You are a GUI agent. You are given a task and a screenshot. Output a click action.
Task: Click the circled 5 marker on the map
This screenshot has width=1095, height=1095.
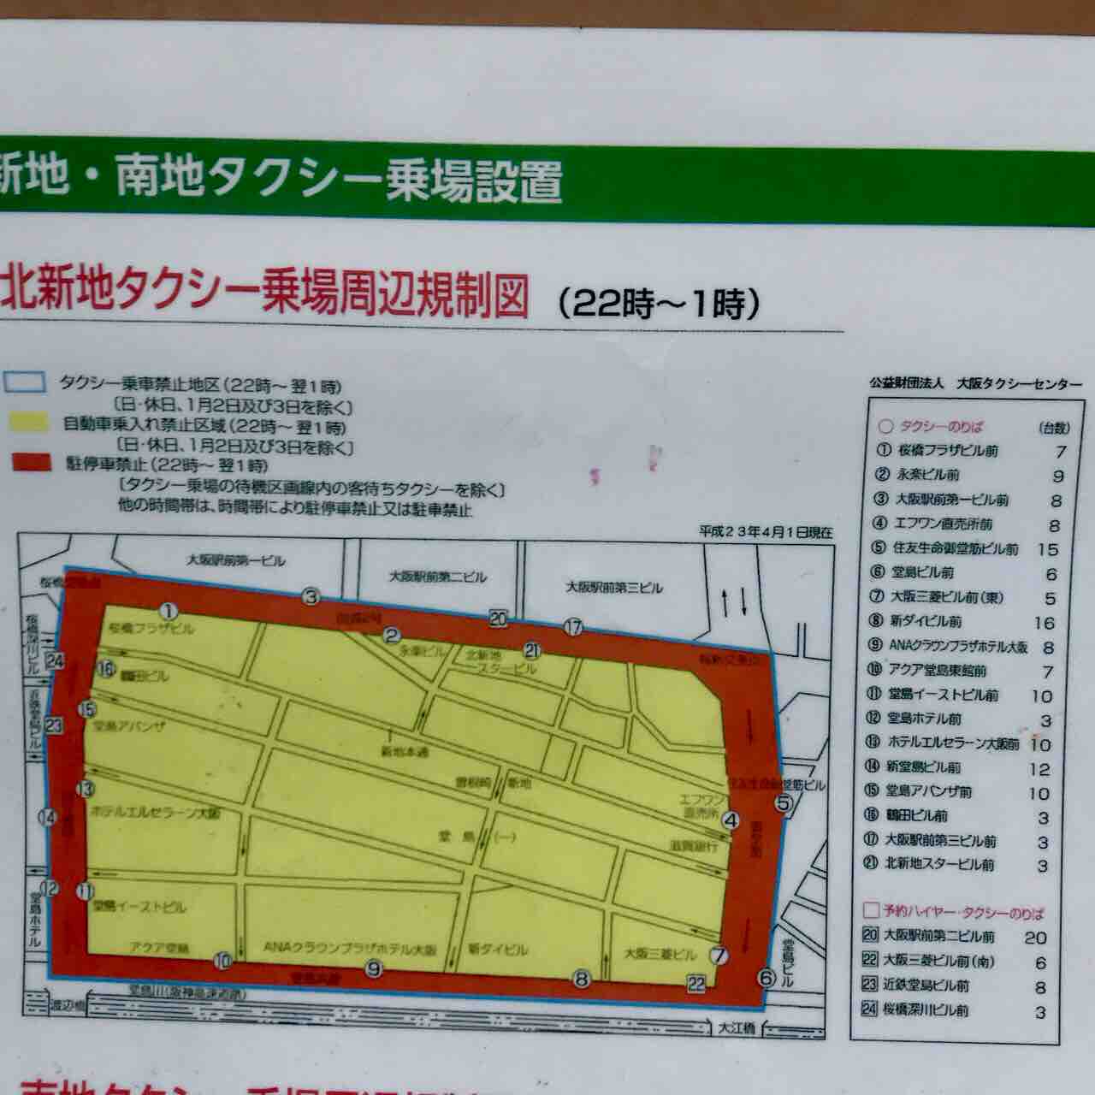click(x=783, y=802)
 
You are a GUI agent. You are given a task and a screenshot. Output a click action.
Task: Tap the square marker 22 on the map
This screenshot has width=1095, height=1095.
click(x=696, y=984)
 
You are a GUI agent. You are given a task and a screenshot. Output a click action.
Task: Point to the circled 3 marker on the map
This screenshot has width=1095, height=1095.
click(x=310, y=597)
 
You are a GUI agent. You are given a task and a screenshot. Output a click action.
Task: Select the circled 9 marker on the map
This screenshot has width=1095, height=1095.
click(x=373, y=969)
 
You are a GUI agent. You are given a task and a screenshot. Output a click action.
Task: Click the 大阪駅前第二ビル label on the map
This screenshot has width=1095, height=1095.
click(x=437, y=577)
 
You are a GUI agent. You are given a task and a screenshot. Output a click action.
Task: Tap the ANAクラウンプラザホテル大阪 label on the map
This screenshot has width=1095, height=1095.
click(x=350, y=949)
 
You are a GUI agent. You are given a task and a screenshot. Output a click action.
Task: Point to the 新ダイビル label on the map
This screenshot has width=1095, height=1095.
click(x=498, y=950)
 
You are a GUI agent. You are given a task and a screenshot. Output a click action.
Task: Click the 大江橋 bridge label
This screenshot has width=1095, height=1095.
click(x=737, y=1028)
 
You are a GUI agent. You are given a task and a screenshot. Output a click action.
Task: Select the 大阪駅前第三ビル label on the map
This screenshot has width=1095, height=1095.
click(x=614, y=588)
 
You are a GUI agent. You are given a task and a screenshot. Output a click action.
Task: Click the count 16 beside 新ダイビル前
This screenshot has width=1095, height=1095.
click(x=1044, y=623)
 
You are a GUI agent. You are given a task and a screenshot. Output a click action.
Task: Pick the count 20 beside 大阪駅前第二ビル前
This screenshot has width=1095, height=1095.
click(x=1035, y=938)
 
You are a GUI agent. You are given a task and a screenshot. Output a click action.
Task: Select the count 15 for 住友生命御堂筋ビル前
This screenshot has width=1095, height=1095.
click(x=1047, y=549)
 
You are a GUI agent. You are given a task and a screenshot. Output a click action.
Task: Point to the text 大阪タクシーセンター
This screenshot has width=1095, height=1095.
click(x=1020, y=384)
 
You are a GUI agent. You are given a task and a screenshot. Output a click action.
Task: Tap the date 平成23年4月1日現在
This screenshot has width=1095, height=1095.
click(x=766, y=532)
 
